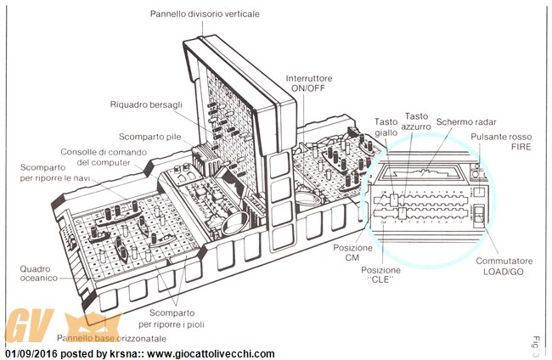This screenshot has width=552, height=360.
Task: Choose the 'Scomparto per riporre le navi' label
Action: tap(49, 173)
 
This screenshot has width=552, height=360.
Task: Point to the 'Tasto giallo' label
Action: tap(386, 127)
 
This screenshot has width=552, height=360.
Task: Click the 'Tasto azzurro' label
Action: tap(417, 121)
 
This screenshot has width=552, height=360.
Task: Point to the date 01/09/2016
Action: tap(30, 353)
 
